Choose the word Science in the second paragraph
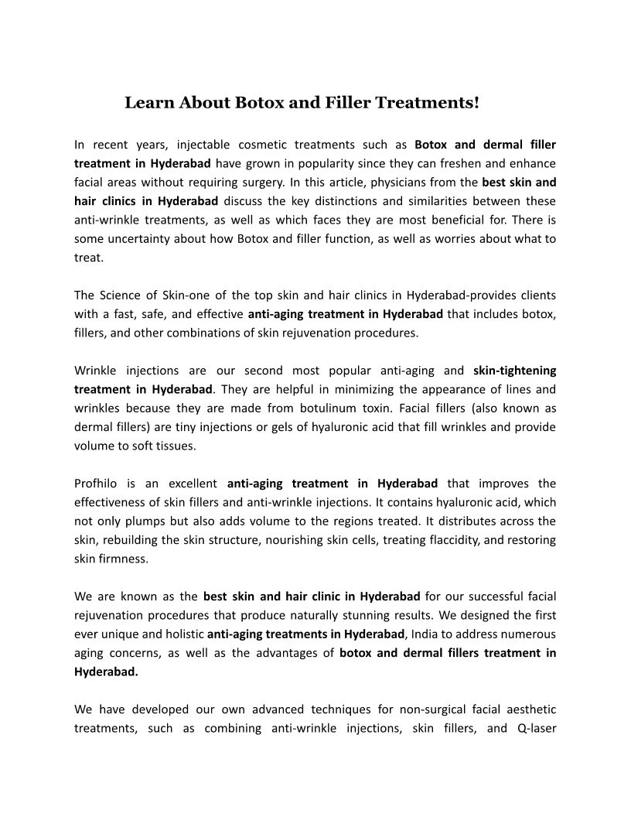122,295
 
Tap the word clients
537,295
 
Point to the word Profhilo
95,483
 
